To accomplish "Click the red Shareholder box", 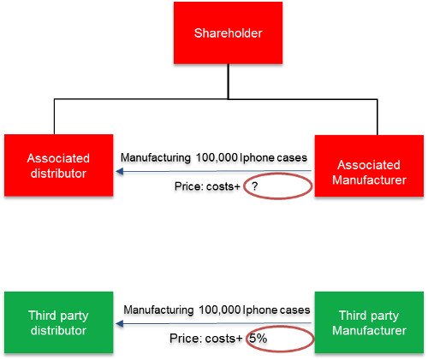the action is click(x=228, y=32).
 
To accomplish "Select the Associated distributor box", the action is click(x=58, y=165).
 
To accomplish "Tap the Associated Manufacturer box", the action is click(x=369, y=166).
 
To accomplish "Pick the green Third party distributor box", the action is click(x=58, y=322).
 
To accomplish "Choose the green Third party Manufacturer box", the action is click(x=369, y=322).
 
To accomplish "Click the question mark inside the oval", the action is click(x=255, y=186).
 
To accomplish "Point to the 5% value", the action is click(x=259, y=339).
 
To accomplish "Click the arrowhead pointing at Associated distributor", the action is click(x=120, y=171).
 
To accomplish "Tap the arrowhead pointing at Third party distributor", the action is click(x=120, y=323).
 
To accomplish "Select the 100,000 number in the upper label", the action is click(x=217, y=157).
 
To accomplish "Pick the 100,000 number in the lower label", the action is click(x=219, y=310).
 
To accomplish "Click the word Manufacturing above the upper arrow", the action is click(x=156, y=157).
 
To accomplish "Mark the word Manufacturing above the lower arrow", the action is click(x=158, y=310).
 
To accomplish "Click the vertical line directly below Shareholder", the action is click(x=228, y=81).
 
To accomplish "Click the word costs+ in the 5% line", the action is click(x=223, y=339).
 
